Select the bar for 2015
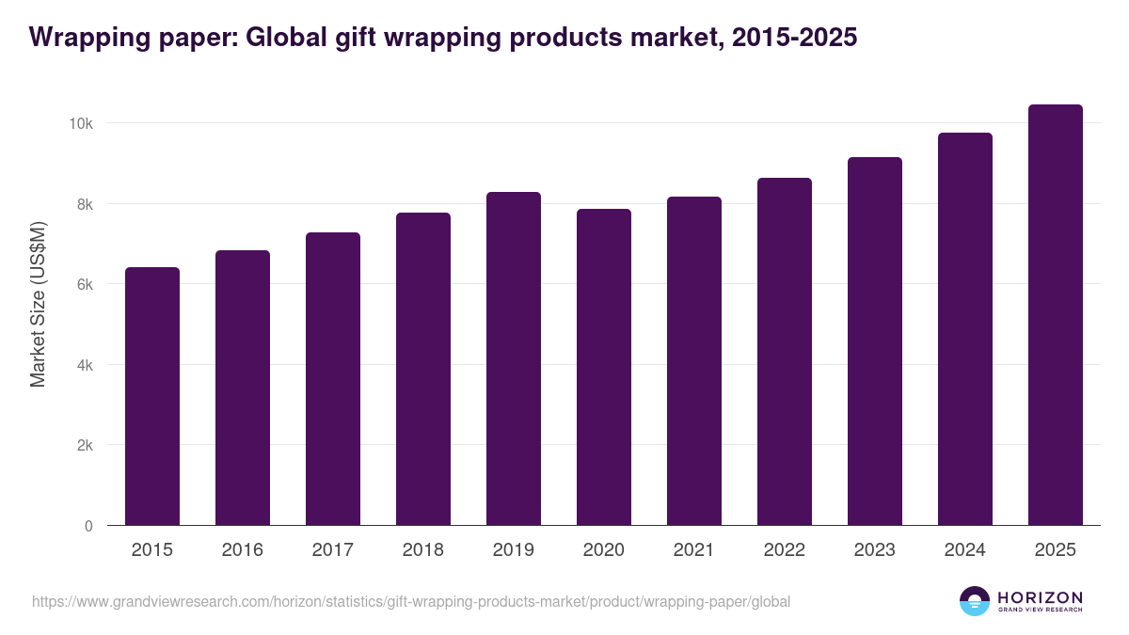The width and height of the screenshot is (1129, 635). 152,396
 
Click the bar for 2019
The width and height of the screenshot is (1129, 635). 514,358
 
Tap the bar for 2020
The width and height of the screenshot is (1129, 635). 604,367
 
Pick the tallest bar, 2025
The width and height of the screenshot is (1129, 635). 1056,315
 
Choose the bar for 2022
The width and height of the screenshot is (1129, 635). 785,352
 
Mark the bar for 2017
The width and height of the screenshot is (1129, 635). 333,379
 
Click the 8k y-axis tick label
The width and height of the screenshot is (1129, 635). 85,204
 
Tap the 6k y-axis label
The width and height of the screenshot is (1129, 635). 85,284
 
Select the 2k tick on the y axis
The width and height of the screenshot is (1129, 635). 85,445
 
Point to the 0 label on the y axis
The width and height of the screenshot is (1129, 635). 88,526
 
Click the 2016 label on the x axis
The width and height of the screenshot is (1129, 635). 243,550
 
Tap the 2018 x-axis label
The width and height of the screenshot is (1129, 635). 423,550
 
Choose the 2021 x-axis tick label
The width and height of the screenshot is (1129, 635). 694,550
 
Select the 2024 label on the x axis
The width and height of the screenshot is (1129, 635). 965,550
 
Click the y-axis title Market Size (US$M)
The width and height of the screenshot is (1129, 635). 38,303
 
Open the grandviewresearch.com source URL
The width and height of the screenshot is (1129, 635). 411,601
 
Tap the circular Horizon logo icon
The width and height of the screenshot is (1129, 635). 975,601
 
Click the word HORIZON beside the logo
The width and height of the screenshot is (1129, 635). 1040,596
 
